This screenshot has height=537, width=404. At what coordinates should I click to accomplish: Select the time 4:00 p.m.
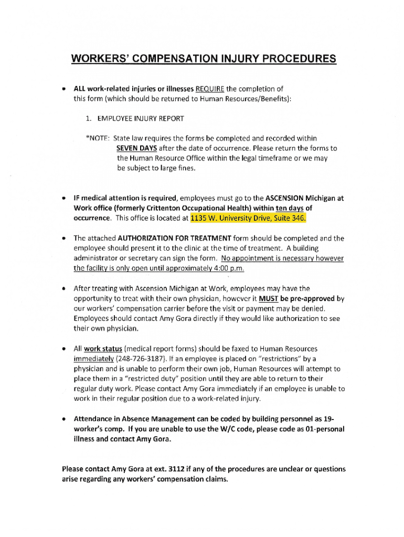226,268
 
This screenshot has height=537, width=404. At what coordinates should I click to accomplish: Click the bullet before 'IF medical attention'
63,199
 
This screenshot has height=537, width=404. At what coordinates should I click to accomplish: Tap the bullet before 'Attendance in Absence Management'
63,420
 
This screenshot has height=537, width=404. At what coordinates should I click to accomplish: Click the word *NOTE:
98,138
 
